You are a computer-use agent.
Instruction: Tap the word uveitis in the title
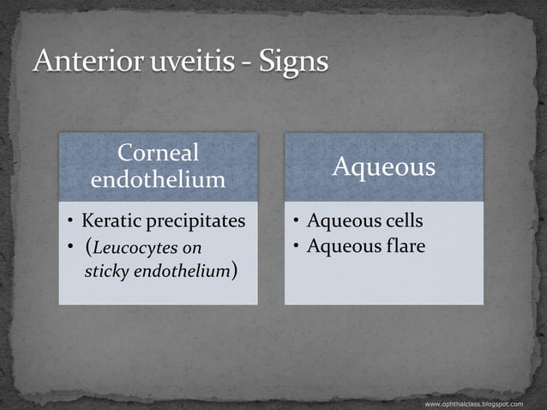click(x=187, y=63)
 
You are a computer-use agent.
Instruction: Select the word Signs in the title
click(x=290, y=63)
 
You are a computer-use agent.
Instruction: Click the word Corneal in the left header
click(x=158, y=154)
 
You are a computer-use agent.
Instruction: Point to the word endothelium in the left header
click(x=158, y=179)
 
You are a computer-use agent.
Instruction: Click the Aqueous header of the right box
click(x=383, y=167)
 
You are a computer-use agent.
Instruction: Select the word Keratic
click(x=111, y=221)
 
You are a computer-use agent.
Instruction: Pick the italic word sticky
click(x=106, y=272)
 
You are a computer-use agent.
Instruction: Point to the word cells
click(x=401, y=221)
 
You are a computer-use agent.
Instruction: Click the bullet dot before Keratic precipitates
click(x=71, y=222)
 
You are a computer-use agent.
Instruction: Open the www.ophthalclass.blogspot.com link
click(x=473, y=402)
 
